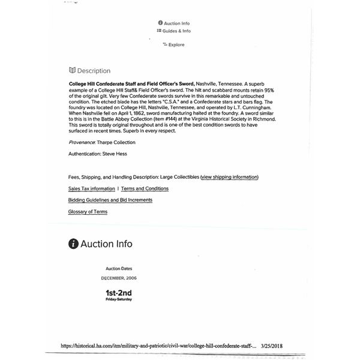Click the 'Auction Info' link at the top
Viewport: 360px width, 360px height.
coord(176,23)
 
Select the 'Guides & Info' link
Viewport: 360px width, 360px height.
coord(176,31)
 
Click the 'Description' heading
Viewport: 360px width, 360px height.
coord(94,71)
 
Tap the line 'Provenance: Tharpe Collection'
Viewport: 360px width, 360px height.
coord(102,142)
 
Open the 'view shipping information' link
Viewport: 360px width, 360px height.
coord(230,177)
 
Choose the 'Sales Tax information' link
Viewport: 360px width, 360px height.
coord(92,188)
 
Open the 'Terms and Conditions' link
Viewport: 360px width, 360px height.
coord(145,188)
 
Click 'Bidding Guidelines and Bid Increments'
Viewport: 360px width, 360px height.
coord(110,200)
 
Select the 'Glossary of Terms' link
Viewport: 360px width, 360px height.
coord(88,212)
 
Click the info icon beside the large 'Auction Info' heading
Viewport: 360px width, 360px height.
coord(73,244)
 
